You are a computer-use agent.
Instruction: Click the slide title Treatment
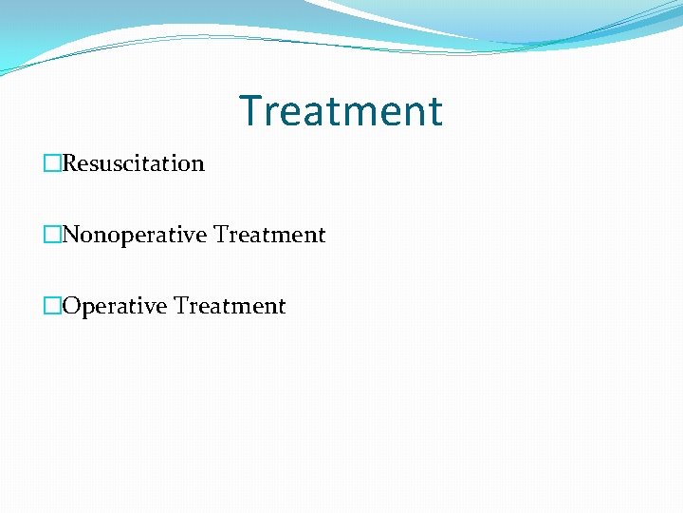coord(341,110)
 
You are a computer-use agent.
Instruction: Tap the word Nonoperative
coord(135,235)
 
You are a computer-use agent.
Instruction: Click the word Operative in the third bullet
coord(113,306)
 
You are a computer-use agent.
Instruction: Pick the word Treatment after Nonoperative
coord(269,235)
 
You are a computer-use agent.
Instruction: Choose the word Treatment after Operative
coord(230,306)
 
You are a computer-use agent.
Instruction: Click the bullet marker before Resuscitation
coord(52,163)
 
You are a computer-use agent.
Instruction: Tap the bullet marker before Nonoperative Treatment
coord(52,235)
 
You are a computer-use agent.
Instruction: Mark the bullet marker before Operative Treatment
coord(52,306)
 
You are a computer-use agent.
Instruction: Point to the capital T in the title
coord(249,110)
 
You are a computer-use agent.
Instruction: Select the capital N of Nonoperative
coord(71,235)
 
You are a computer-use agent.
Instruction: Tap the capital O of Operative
coord(71,306)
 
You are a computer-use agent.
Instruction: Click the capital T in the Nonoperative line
coord(220,235)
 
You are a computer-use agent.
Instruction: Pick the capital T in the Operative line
coord(180,306)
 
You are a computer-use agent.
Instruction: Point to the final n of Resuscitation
coord(198,164)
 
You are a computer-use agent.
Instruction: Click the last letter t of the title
coord(434,111)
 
